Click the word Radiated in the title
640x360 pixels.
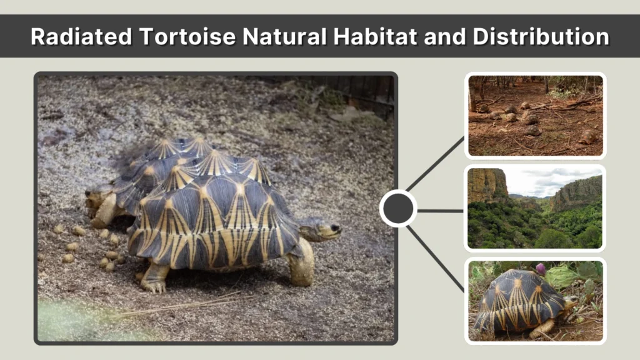click(81, 37)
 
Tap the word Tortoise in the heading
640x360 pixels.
click(187, 37)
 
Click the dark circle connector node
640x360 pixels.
click(398, 209)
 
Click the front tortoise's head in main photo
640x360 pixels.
click(322, 229)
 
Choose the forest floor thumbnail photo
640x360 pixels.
click(536, 116)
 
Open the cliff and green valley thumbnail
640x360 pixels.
click(536, 207)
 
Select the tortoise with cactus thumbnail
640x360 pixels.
click(536, 300)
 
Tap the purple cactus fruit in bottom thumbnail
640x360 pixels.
click(541, 269)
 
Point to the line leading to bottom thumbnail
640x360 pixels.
click(436, 258)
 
